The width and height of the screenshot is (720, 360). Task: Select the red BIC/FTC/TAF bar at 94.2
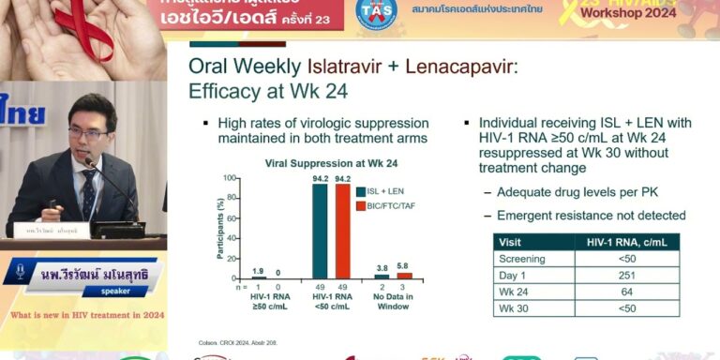[x=342, y=231]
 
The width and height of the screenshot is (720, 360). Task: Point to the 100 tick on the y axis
[x=227, y=179]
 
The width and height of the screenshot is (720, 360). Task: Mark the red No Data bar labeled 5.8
[x=404, y=276]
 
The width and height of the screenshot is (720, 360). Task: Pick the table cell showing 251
[x=626, y=275]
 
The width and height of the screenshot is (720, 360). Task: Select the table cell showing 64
[x=626, y=292]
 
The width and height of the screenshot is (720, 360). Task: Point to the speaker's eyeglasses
[x=87, y=134]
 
